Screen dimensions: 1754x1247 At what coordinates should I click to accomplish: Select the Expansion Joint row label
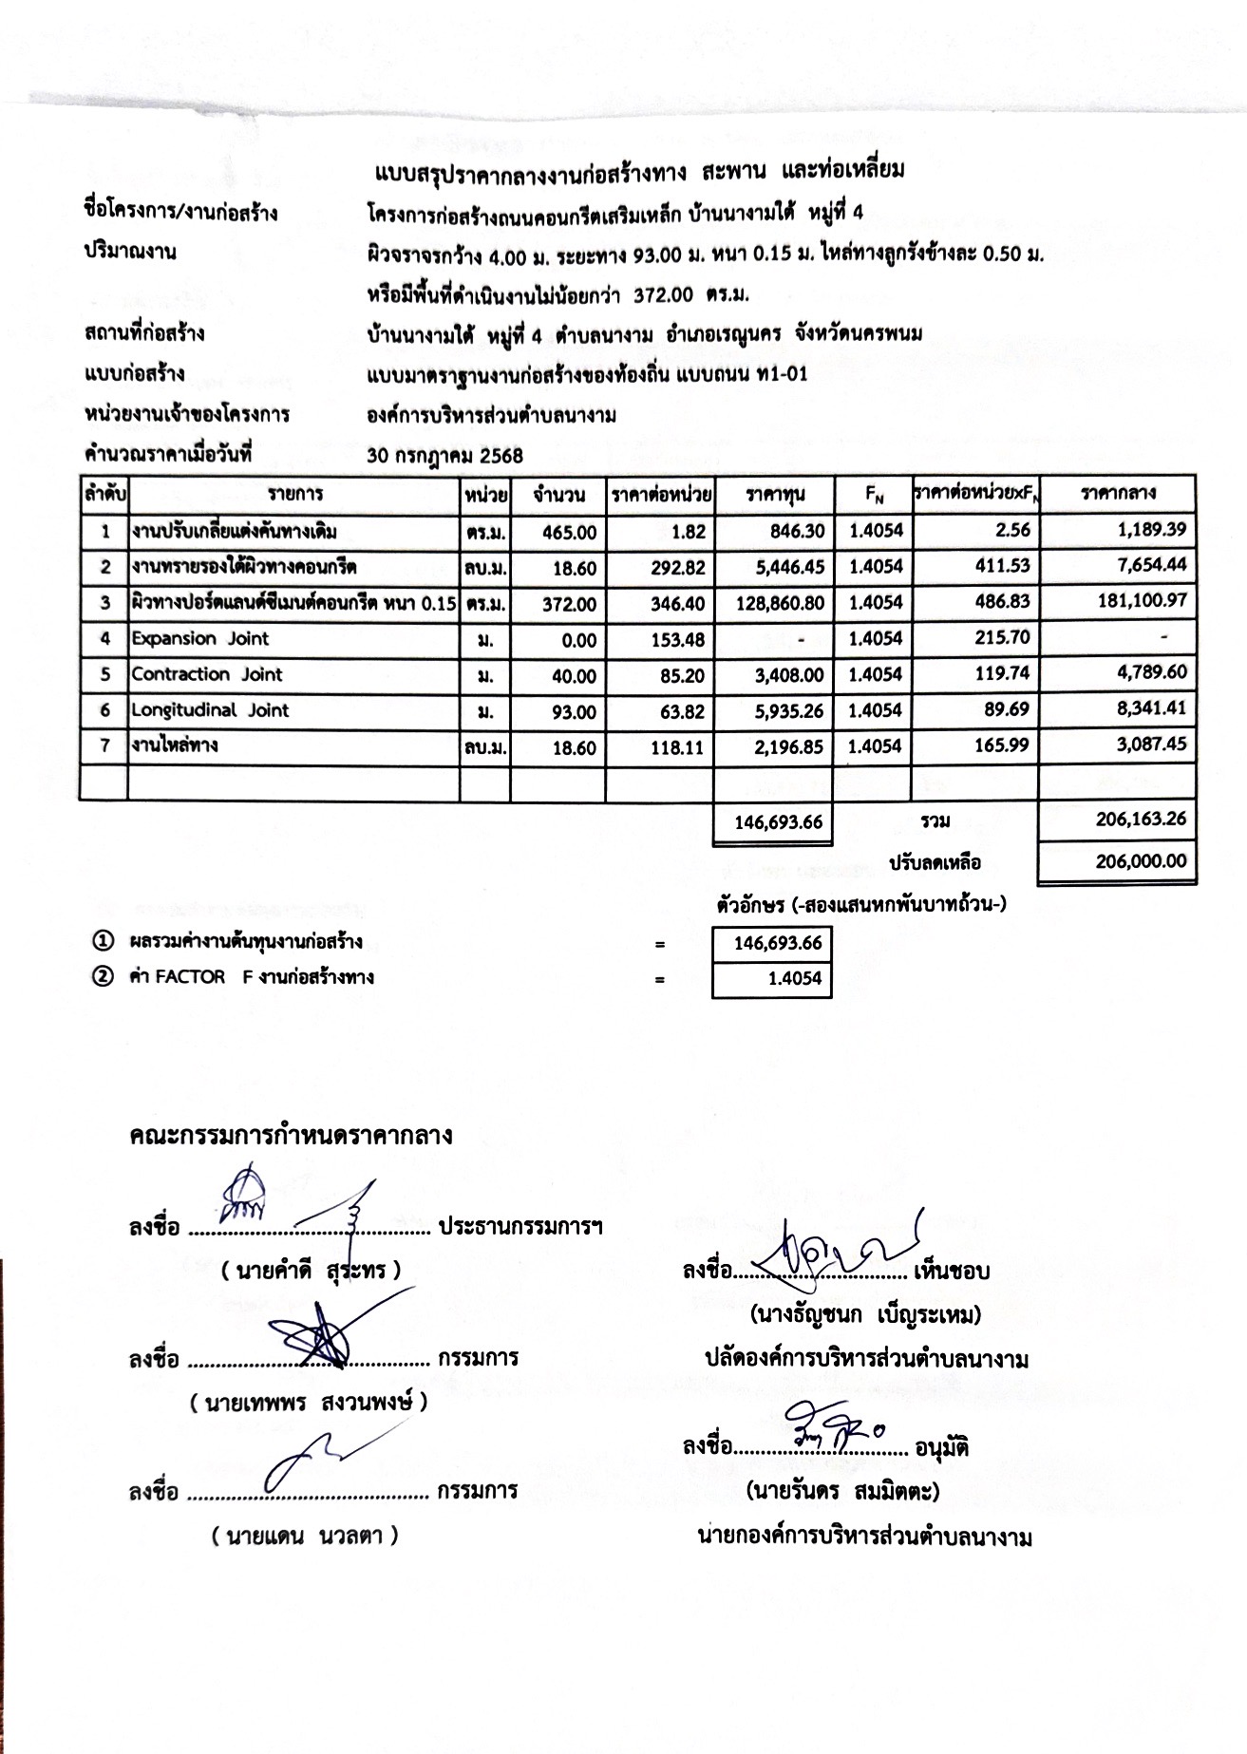(200, 638)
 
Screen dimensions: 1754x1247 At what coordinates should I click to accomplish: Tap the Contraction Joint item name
(207, 674)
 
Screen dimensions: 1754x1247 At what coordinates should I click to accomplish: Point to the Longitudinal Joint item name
(210, 710)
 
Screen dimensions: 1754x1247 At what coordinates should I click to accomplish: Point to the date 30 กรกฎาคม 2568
(444, 456)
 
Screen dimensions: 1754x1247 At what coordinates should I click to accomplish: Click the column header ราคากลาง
(1117, 494)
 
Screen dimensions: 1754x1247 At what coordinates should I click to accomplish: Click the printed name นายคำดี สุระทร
(312, 1271)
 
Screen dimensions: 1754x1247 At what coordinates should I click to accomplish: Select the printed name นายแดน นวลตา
(305, 1537)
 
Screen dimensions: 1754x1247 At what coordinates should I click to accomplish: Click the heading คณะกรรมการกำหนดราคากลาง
(291, 1136)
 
